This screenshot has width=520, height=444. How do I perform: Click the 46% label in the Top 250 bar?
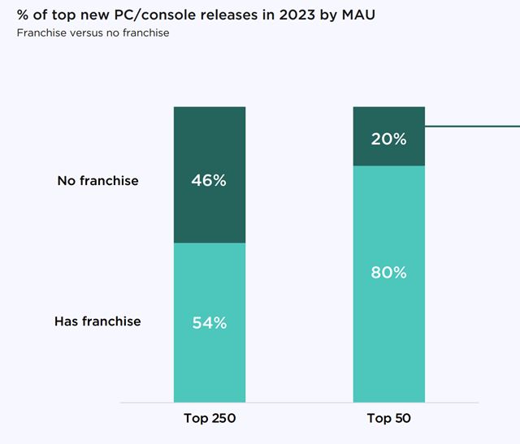209,180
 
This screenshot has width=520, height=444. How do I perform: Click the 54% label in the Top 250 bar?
209,322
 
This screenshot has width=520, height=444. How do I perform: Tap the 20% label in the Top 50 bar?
388,139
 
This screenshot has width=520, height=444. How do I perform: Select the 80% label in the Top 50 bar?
388,273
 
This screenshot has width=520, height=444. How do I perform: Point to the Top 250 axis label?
209,419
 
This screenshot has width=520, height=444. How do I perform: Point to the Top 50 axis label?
389,419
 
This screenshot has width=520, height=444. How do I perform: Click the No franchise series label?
97,180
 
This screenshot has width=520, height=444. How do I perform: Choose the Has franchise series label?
97,321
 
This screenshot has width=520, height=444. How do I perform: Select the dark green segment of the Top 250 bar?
209,211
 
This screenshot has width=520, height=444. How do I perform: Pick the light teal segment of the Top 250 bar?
209,365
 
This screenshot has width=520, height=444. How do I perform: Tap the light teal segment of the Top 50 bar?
388,341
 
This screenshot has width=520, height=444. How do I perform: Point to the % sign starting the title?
24,16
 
